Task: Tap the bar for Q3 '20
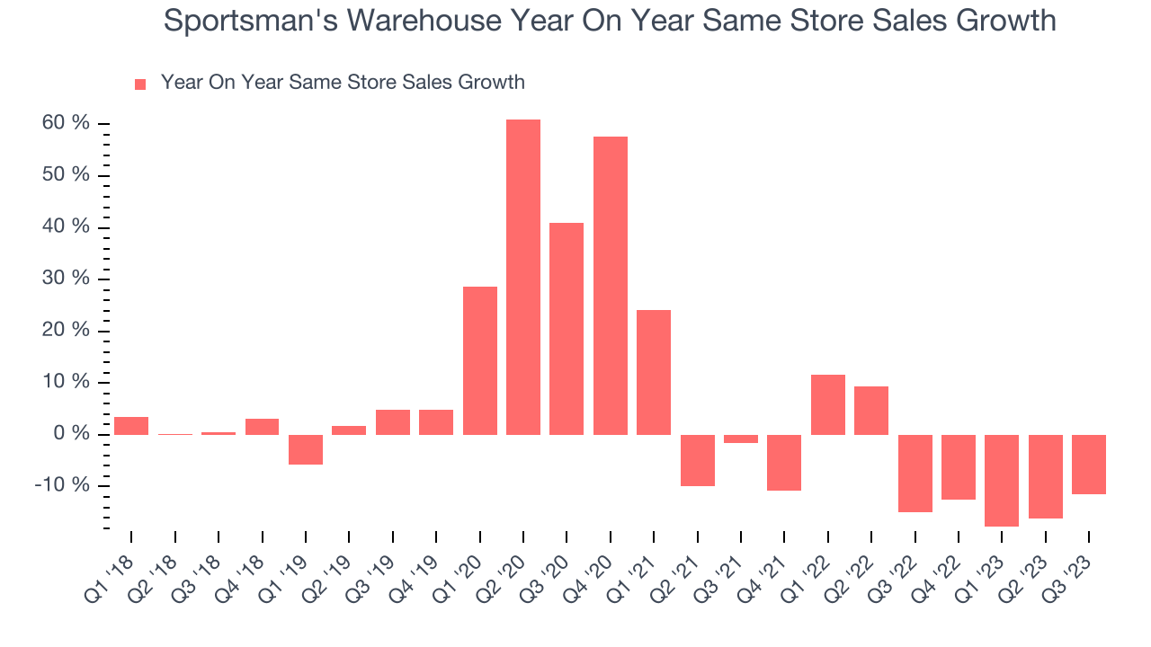pos(567,329)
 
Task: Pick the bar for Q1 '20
pos(480,360)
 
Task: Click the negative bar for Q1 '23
pos(1002,481)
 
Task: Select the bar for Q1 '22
pos(828,404)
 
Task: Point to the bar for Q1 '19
pos(306,449)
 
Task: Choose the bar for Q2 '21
pos(698,460)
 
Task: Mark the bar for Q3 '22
pos(915,474)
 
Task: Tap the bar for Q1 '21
pos(654,372)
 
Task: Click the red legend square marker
pos(140,84)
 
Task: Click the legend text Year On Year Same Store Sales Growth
pos(343,83)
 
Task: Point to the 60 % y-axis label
pos(66,122)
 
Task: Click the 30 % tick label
pos(66,278)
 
